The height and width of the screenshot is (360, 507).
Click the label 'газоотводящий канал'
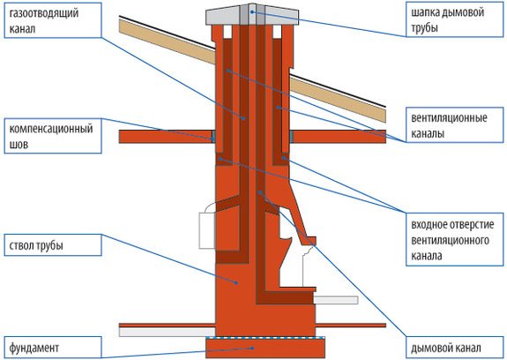click(44, 21)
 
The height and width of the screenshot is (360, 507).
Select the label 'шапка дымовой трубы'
click(448, 20)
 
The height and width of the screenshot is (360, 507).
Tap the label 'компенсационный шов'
click(51, 136)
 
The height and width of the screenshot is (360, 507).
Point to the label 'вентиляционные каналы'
click(449, 125)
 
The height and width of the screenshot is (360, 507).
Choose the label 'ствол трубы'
click(36, 245)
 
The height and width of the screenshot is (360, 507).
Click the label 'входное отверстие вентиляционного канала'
click(452, 240)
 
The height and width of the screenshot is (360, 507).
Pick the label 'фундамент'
click(34, 348)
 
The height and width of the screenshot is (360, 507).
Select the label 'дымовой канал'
click(446, 349)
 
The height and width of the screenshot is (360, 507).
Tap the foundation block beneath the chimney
click(265, 348)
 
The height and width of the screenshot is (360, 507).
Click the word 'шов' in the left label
click(19, 145)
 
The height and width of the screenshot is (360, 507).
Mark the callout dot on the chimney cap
click(252, 12)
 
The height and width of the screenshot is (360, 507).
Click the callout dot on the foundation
click(252, 348)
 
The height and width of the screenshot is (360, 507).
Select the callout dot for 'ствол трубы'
click(236, 282)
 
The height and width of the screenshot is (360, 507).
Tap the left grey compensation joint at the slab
click(213, 137)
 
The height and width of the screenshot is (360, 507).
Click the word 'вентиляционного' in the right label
click(450, 240)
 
